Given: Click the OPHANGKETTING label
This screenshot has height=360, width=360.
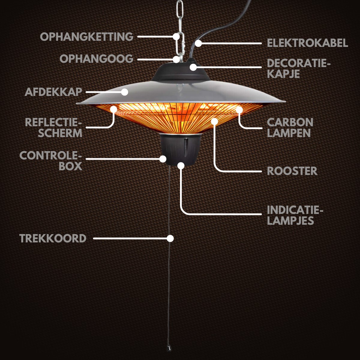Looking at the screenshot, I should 87,37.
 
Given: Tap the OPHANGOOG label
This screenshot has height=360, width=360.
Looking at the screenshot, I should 96,58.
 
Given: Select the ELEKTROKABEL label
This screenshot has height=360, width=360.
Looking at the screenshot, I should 307,43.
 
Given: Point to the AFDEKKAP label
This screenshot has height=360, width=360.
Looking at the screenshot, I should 53,92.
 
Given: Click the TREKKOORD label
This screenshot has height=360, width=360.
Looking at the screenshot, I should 53,238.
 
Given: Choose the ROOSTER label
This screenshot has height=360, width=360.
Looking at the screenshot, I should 292,171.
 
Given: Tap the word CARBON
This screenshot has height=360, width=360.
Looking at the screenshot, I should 290,122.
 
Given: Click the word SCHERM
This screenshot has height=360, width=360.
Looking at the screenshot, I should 60,133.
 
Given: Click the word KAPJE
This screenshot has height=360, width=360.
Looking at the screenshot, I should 283,74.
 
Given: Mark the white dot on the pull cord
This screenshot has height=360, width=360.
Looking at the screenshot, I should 170,238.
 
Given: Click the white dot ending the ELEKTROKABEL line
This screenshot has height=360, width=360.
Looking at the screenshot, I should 198,43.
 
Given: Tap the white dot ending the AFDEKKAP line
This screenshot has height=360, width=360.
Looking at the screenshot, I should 124,92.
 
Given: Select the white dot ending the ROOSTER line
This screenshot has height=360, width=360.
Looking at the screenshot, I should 214,121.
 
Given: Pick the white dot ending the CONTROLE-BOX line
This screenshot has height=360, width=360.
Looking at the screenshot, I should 163,159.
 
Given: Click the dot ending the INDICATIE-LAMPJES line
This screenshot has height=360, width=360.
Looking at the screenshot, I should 181,165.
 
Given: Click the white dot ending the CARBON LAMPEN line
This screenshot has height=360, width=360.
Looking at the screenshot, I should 239,110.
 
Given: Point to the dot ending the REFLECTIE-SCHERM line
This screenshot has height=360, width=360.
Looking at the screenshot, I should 114,109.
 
